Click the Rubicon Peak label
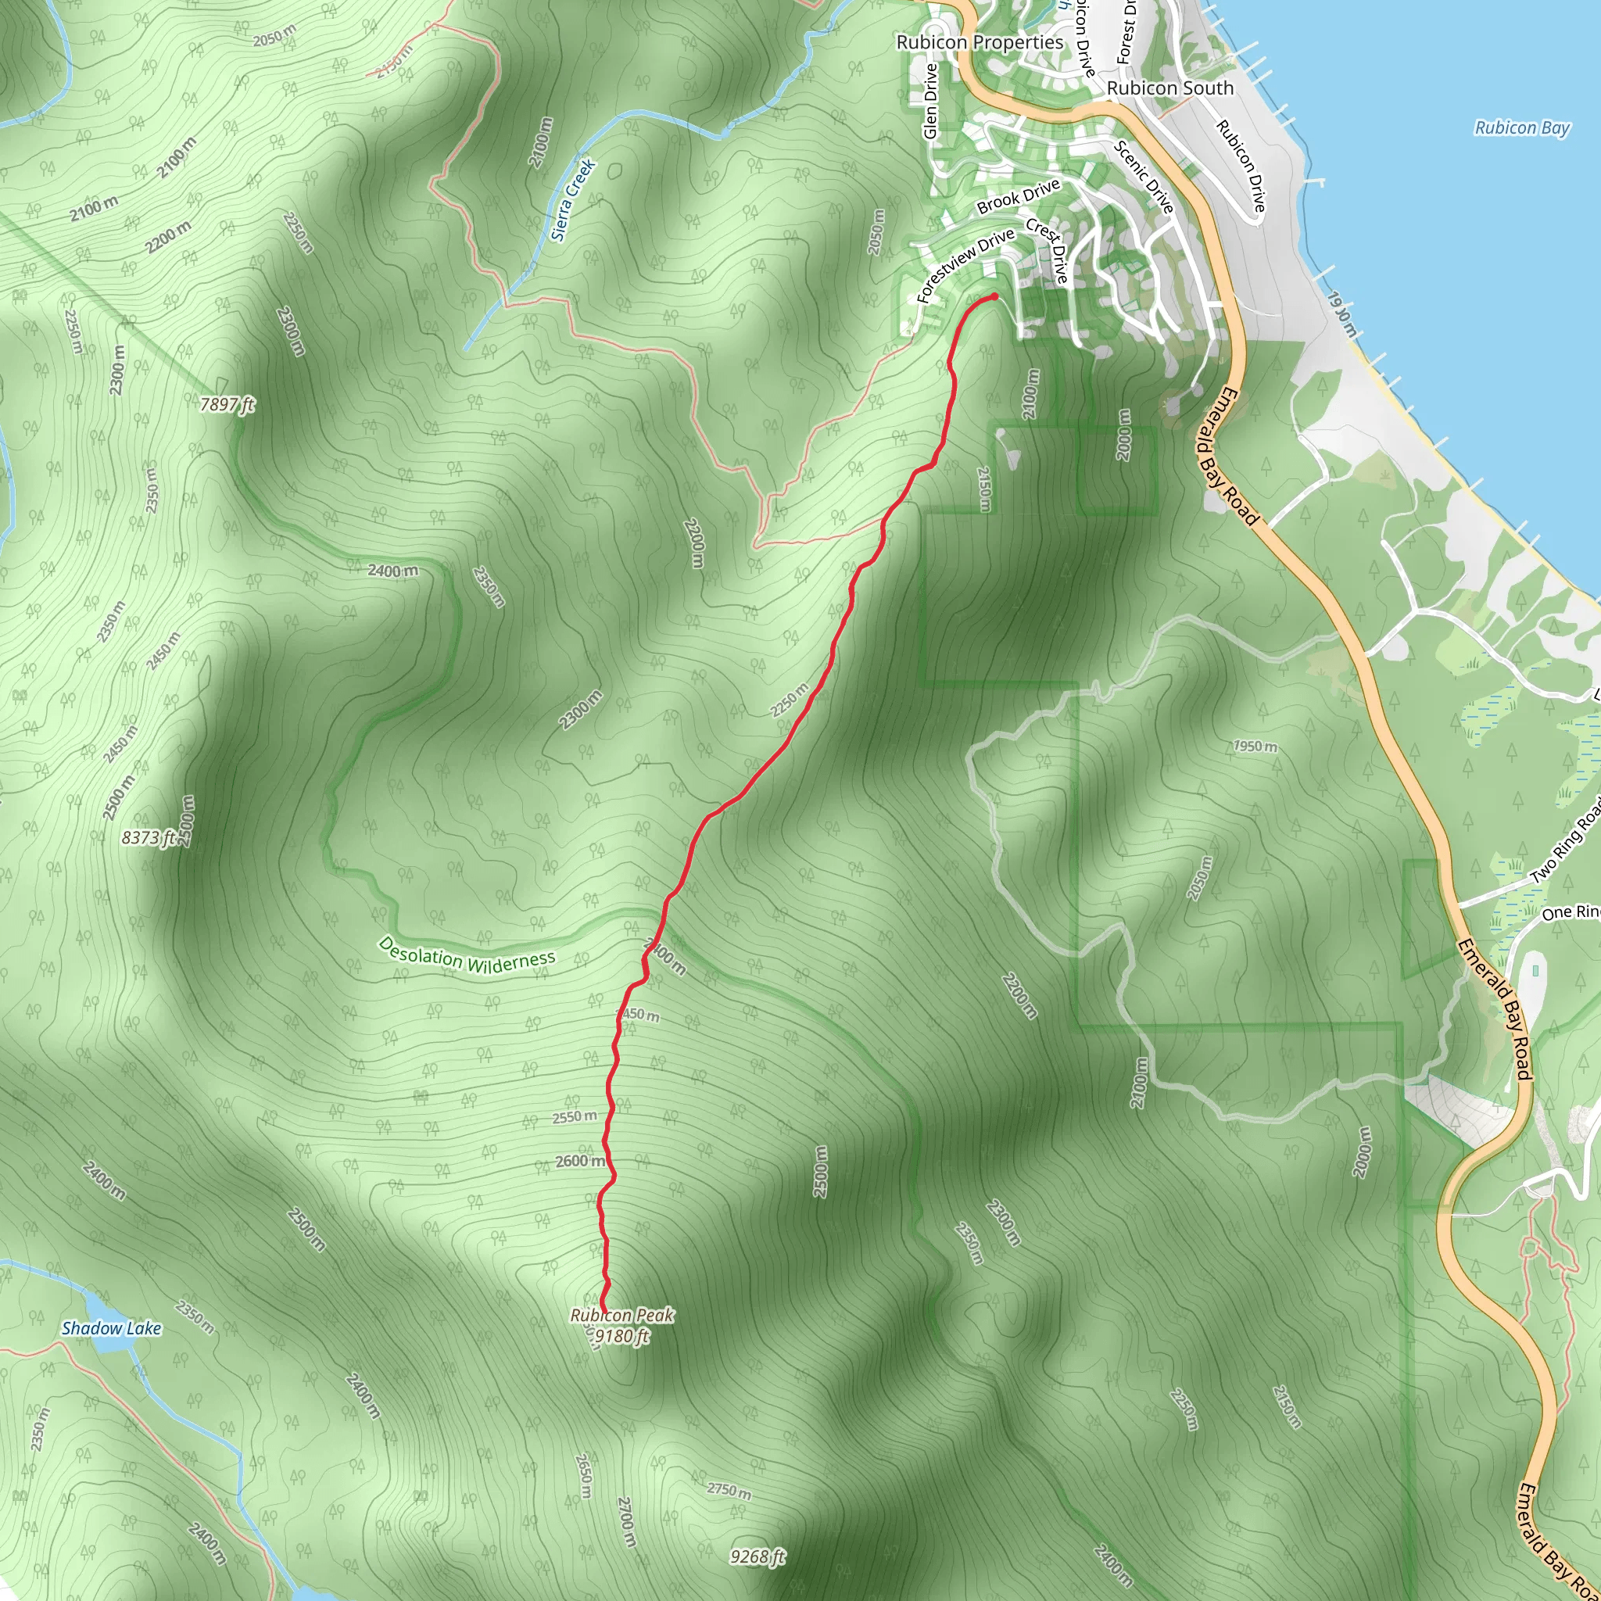click(621, 1315)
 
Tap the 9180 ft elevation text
click(621, 1336)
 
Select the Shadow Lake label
click(111, 1328)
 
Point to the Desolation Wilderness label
click(467, 955)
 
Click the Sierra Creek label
click(574, 199)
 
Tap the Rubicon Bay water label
click(1522, 127)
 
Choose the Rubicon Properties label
click(980, 42)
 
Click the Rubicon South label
click(1170, 88)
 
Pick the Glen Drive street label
click(929, 101)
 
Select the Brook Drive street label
click(1019, 196)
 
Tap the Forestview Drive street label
click(965, 265)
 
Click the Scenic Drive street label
click(1144, 177)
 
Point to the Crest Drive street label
click(1048, 250)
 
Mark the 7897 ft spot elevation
click(227, 404)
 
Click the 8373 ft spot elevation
click(149, 838)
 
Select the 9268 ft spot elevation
click(758, 1557)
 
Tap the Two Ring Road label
click(1565, 838)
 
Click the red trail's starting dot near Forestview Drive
click(994, 295)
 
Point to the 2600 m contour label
click(580, 1161)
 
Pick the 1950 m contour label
click(1255, 746)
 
